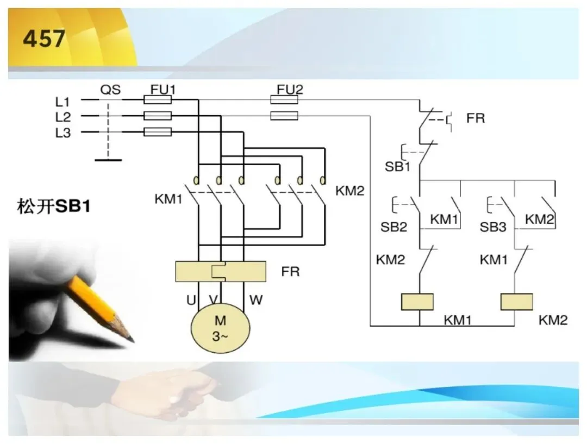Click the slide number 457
44,39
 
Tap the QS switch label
110,90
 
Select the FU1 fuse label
163,90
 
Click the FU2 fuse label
290,90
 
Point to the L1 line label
63,102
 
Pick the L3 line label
63,133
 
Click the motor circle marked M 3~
221,328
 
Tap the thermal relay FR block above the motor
221,271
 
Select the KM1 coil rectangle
417,302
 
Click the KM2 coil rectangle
517,302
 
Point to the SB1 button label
397,167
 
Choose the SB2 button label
394,227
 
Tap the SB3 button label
493,227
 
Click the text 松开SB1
54,207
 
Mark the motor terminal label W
255,300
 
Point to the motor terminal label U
191,300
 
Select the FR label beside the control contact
476,118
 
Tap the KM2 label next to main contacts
349,191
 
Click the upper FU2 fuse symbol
284,100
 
